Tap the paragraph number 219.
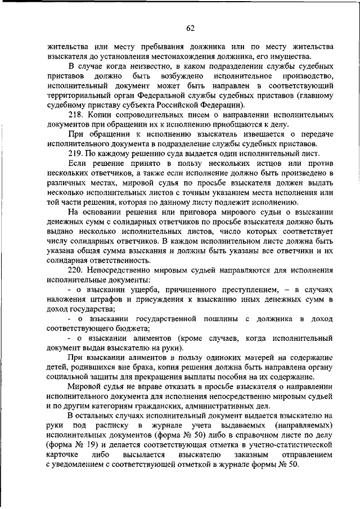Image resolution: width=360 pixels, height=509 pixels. tap(75, 155)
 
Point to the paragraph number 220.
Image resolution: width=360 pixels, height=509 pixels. tap(75, 270)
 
